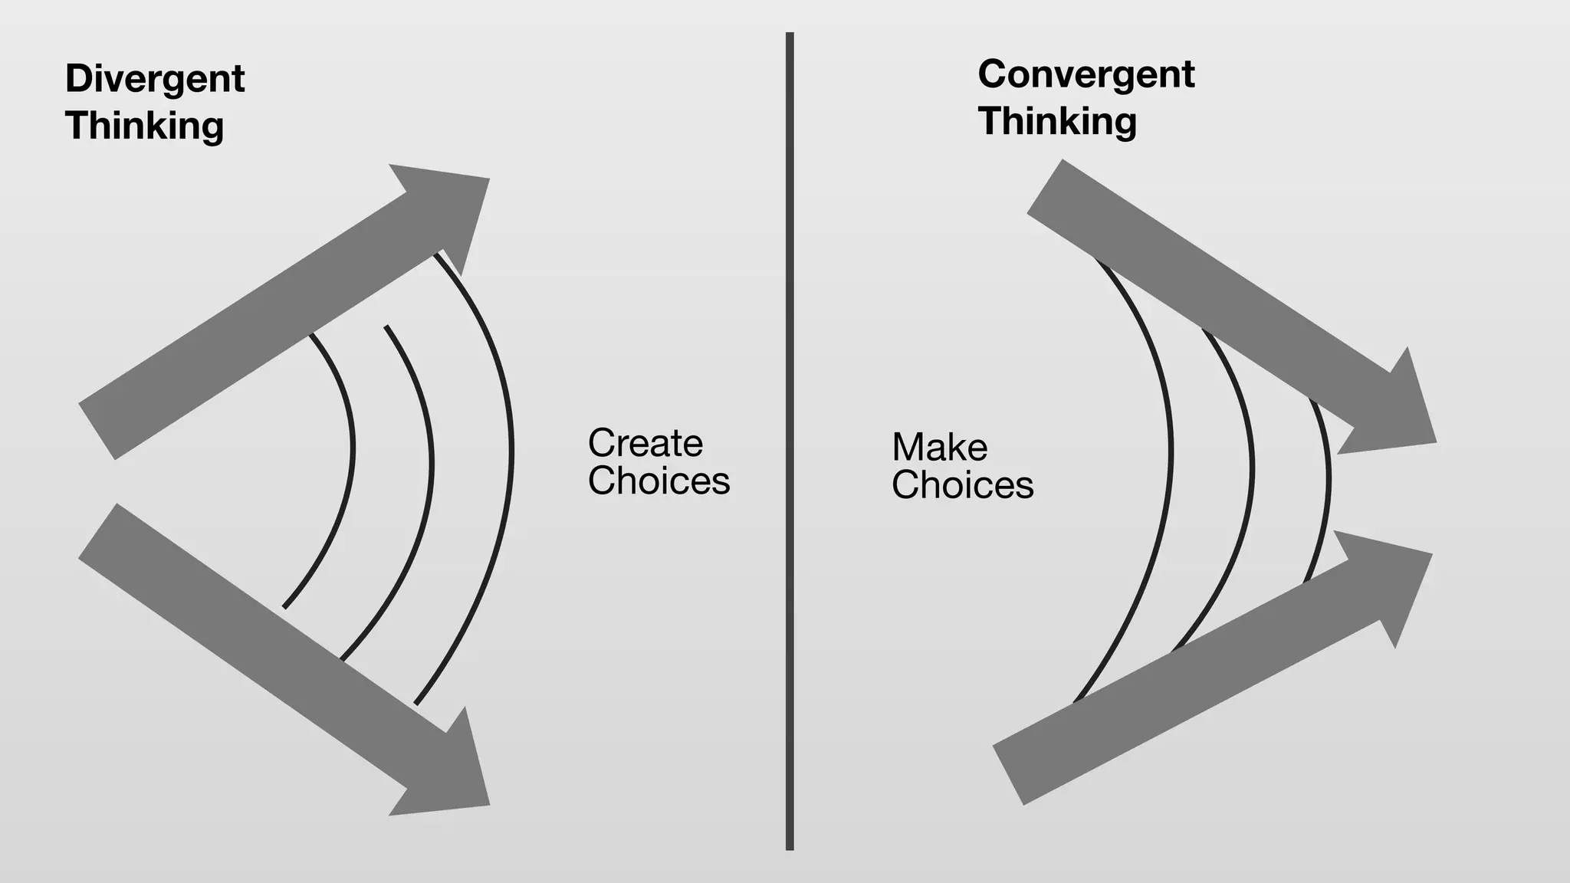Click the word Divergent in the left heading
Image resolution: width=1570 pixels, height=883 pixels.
(155, 80)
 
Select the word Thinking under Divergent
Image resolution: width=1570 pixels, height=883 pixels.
(144, 126)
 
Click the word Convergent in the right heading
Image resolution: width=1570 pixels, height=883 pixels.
(1086, 75)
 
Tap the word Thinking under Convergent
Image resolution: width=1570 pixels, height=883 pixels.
(1057, 122)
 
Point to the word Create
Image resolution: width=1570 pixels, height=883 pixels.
(645, 443)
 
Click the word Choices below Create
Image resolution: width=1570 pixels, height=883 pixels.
(659, 481)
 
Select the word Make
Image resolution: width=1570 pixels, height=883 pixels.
(939, 448)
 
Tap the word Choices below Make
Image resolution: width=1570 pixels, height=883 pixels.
(962, 485)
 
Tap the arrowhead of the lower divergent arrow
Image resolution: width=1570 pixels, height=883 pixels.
(452, 774)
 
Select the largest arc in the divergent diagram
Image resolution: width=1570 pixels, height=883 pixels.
(511, 452)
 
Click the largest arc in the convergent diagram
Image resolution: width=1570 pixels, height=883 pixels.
(1170, 452)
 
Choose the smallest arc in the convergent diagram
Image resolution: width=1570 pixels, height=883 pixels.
(1328, 479)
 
